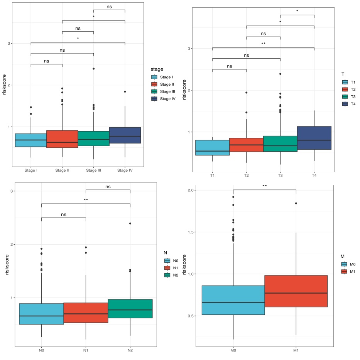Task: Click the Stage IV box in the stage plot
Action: [125, 135]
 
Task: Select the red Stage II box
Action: [62, 139]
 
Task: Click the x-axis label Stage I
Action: [30, 170]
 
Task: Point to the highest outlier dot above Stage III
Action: [93, 69]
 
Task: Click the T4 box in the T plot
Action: [314, 138]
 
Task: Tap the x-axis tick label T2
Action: [246, 176]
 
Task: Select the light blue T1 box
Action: [212, 148]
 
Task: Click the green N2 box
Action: [130, 309]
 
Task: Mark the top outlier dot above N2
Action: [130, 223]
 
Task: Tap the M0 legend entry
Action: [350, 264]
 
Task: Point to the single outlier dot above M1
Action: [296, 203]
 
